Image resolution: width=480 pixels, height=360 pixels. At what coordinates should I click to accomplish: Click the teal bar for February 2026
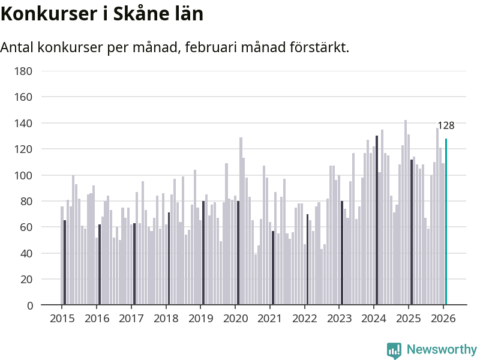pos(446,222)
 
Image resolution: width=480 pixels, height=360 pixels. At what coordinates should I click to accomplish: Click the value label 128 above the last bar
pos(446,126)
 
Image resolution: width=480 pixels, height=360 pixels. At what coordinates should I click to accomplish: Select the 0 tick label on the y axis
pos(29,305)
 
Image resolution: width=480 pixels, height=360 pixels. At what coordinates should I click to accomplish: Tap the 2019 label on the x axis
pos(200,318)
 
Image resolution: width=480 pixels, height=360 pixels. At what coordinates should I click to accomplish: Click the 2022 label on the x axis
pos(304,318)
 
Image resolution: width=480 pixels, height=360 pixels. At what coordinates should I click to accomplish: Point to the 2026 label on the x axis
pos(443,318)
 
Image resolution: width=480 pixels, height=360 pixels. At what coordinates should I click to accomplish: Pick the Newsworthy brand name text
pos(442,349)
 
